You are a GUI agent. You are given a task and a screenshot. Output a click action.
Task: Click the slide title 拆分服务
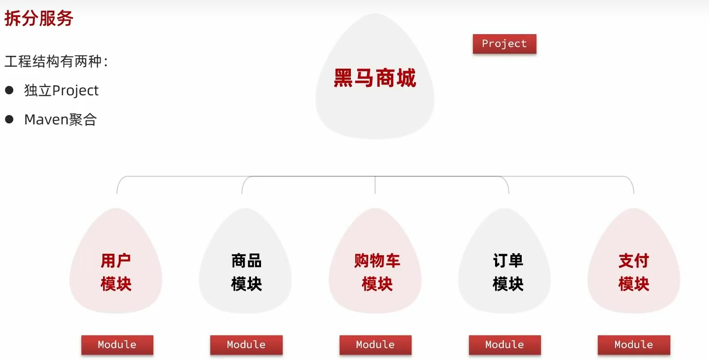pyautogui.click(x=39, y=18)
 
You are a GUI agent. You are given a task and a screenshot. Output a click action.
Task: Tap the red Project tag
pyautogui.click(x=504, y=44)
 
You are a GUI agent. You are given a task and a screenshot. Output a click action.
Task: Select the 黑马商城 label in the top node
pyautogui.click(x=375, y=78)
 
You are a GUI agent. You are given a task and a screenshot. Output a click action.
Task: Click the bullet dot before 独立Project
pyautogui.click(x=9, y=90)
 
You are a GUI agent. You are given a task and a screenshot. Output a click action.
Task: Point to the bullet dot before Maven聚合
pyautogui.click(x=9, y=119)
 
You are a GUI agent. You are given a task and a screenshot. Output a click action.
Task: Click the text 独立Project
pyautogui.click(x=61, y=90)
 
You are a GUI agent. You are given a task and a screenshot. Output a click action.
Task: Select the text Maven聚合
pyautogui.click(x=61, y=119)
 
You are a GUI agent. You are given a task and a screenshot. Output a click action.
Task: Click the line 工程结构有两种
pyautogui.click(x=56, y=62)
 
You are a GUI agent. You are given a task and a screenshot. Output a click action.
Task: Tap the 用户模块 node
pyautogui.click(x=116, y=272)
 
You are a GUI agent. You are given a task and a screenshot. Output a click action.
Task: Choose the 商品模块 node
pyautogui.click(x=246, y=272)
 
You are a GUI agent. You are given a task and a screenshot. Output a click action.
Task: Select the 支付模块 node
pyautogui.click(x=634, y=272)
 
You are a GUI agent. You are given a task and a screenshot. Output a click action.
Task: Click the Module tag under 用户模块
pyautogui.click(x=117, y=345)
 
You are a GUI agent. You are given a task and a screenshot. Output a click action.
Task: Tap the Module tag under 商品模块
pyautogui.click(x=246, y=345)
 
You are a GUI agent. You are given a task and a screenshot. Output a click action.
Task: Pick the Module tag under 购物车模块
pyautogui.click(x=375, y=345)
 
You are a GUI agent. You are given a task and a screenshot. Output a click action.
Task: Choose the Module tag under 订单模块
pyautogui.click(x=505, y=345)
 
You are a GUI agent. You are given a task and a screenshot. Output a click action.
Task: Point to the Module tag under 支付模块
pyautogui.click(x=634, y=345)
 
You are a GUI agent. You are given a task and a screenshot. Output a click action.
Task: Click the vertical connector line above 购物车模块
pyautogui.click(x=375, y=185)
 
